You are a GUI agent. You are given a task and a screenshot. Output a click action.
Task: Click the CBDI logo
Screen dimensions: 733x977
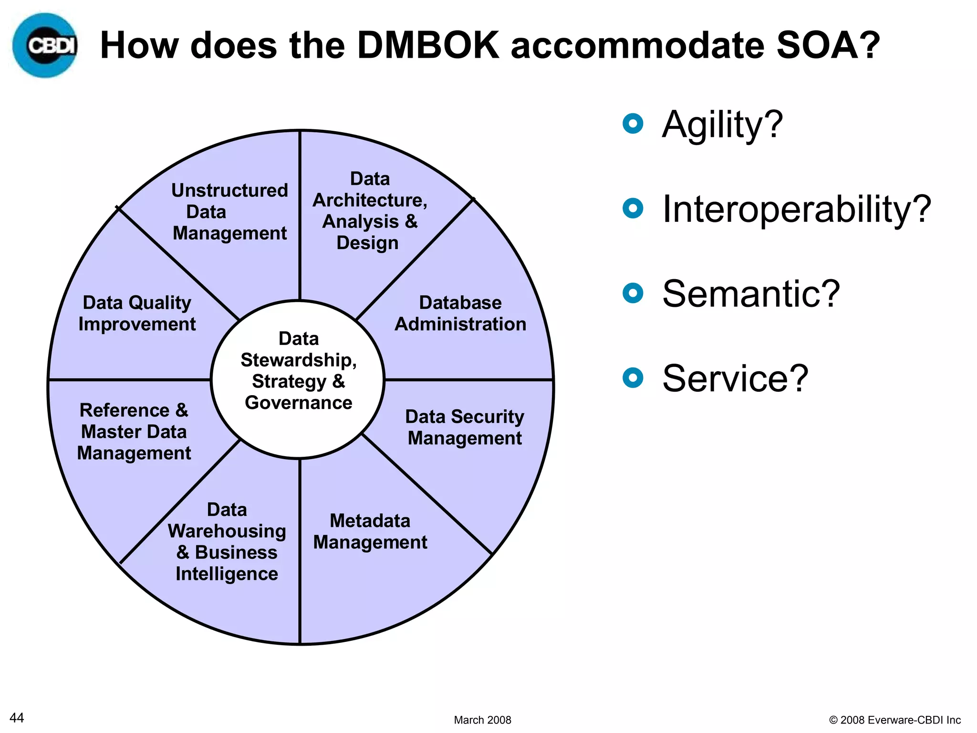[45, 45]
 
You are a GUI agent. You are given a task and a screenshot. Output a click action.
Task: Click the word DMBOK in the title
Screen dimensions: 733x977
[428, 45]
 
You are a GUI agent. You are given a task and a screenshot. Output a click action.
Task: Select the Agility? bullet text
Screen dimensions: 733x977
[722, 125]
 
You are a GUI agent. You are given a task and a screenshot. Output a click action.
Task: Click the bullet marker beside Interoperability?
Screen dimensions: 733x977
[633, 209]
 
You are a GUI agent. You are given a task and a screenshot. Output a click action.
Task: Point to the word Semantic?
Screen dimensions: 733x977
[750, 294]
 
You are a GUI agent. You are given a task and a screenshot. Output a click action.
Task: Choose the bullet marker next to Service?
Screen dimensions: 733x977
[633, 378]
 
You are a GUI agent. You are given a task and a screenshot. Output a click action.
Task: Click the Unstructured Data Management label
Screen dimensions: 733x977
[229, 212]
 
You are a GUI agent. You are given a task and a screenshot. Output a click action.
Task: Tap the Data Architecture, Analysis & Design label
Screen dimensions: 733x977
[370, 211]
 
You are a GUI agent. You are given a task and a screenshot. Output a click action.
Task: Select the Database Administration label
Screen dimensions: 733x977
[460, 314]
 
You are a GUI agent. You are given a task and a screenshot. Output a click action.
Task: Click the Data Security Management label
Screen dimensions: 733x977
[465, 427]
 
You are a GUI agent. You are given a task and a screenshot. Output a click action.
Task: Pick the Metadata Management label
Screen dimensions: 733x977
[370, 532]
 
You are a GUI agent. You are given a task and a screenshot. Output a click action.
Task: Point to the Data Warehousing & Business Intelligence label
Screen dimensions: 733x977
[227, 542]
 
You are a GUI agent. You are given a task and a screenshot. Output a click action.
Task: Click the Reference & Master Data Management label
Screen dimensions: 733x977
[134, 432]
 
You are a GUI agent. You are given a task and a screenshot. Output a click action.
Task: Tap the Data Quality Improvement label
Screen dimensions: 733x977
[137, 314]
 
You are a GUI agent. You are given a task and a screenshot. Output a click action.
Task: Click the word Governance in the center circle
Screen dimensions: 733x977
[299, 403]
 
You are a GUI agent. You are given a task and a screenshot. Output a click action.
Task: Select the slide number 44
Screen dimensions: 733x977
[17, 718]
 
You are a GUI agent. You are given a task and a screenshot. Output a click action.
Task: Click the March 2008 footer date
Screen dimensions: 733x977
[482, 720]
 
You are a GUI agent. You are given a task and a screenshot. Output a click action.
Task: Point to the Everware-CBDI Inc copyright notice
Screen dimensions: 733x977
[895, 720]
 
